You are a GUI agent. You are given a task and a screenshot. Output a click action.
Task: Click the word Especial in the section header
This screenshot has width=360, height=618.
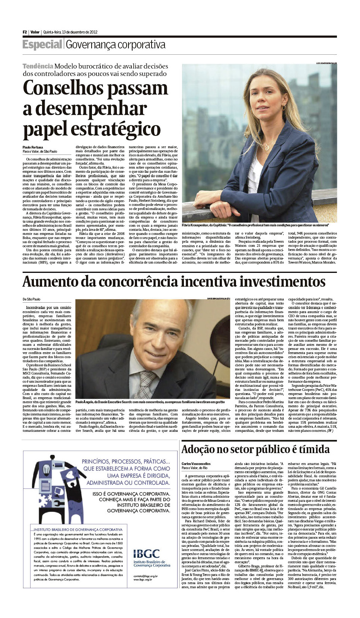click(42, 45)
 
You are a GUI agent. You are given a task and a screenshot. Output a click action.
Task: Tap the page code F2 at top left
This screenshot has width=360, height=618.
click(25, 32)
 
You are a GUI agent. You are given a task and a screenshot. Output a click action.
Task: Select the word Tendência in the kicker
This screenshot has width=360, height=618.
click(38, 66)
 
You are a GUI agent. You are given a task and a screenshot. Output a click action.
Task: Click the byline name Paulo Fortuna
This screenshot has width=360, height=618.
click(33, 147)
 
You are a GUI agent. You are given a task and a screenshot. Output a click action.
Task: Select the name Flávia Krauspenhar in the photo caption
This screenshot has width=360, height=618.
click(197, 225)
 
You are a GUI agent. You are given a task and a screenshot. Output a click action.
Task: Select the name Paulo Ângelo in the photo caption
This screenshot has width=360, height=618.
click(85, 402)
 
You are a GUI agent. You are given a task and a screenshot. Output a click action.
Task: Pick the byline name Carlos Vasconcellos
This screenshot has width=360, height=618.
click(196, 464)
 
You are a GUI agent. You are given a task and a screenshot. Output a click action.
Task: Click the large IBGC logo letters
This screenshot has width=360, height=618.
click(146, 554)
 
